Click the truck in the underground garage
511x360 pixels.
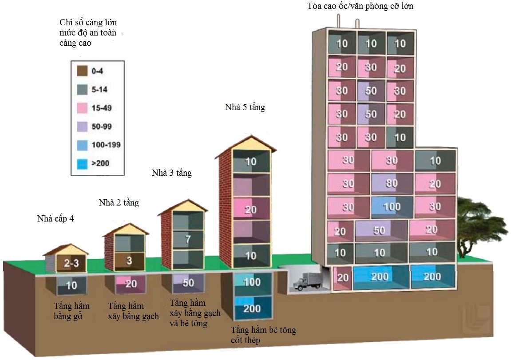306,281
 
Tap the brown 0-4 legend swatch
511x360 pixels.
82,71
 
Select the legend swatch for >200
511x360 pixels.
82,163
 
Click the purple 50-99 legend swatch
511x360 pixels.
82,127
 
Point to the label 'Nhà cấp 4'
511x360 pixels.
55,218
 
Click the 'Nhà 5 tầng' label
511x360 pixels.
245,107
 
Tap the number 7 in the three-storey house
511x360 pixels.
188,239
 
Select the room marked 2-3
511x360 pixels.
71,263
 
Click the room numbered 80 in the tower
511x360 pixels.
392,183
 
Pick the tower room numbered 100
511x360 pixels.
392,207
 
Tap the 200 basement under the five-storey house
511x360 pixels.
252,308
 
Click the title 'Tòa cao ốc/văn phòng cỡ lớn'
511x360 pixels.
360,6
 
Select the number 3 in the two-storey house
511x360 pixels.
129,261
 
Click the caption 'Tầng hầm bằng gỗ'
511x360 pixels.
71,311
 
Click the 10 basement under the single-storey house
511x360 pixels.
71,285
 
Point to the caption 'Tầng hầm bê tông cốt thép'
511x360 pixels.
263,335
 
